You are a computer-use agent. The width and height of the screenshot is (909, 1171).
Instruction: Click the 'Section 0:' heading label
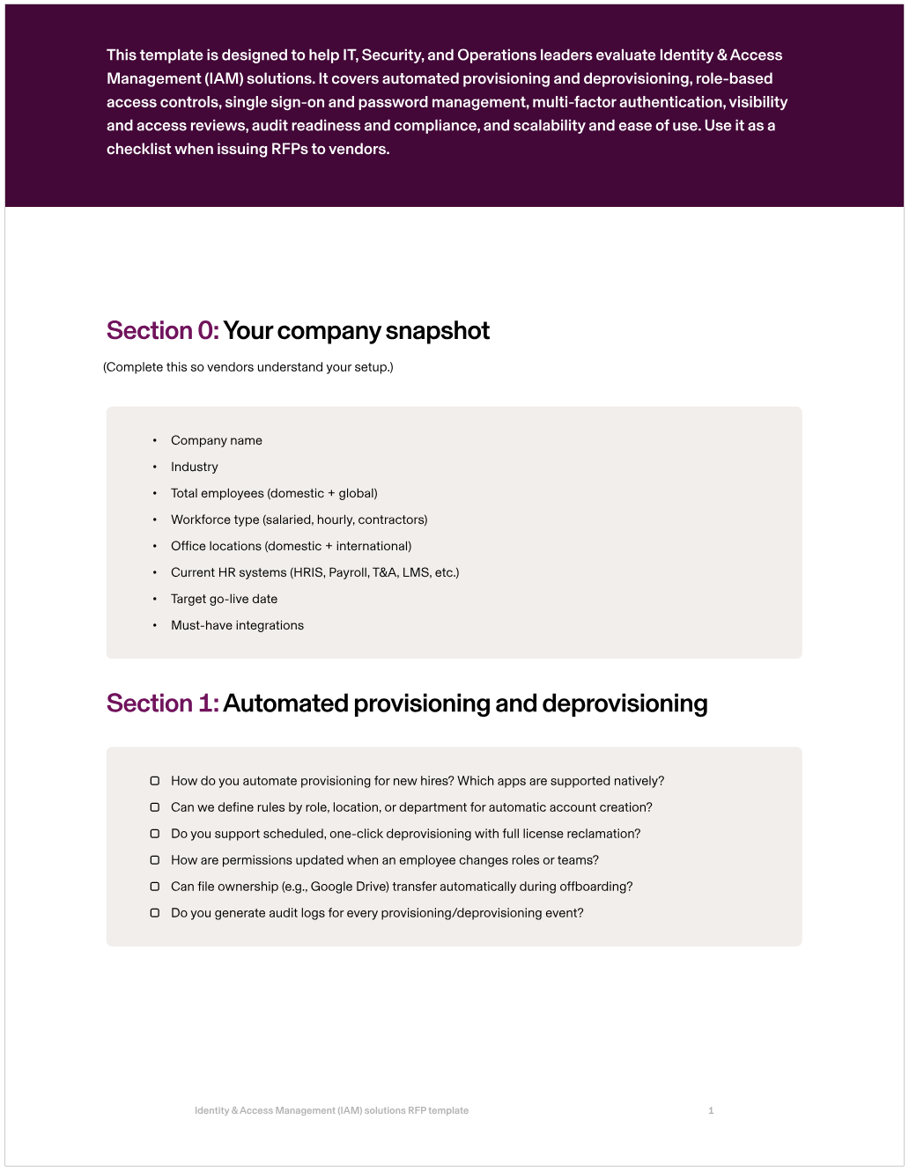point(162,331)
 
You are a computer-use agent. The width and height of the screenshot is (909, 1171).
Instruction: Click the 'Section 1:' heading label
point(162,703)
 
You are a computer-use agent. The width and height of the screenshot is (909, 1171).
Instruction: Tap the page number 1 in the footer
point(711,1111)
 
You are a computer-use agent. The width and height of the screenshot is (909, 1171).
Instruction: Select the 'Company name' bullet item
point(217,440)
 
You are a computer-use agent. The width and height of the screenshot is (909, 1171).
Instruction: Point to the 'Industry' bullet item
point(195,467)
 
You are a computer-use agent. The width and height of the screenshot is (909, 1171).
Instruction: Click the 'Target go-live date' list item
point(224,599)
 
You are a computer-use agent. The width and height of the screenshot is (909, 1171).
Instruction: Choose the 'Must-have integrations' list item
point(237,625)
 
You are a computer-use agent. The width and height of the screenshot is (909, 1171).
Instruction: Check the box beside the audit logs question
point(155,913)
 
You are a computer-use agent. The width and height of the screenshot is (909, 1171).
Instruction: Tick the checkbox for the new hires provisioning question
point(155,781)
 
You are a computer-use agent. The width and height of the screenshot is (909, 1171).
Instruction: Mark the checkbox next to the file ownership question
point(155,887)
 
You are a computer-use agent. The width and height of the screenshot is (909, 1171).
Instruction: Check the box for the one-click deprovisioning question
point(155,834)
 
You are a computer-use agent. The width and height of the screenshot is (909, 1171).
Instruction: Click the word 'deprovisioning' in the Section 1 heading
point(624,703)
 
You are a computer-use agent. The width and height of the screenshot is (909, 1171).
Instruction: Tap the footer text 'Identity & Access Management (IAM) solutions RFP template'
point(331,1111)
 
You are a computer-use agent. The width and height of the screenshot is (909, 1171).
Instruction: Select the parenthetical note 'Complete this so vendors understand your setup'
point(248,367)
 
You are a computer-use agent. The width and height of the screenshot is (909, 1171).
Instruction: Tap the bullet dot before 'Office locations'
point(155,546)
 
